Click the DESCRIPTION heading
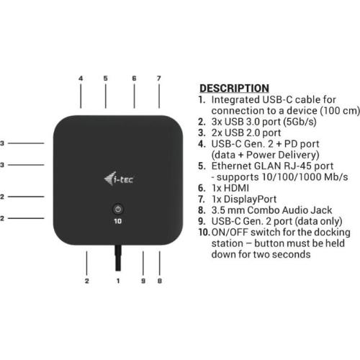(x=234, y=89)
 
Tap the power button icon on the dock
(x=118, y=210)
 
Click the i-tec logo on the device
(x=119, y=179)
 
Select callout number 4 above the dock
(x=81, y=78)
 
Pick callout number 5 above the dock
(x=106, y=78)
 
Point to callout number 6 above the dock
(x=134, y=78)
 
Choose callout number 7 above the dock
(x=159, y=78)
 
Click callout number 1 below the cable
(x=118, y=281)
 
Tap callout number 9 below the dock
(x=143, y=281)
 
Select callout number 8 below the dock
(x=160, y=281)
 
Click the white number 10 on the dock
(x=118, y=221)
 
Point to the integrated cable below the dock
(x=118, y=258)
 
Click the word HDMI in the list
(x=236, y=188)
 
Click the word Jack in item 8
(x=321, y=210)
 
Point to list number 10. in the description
(x=204, y=233)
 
